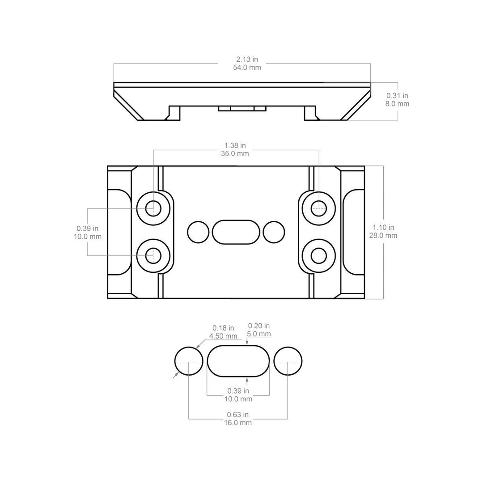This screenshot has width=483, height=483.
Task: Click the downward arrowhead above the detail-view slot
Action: click(x=247, y=343)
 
